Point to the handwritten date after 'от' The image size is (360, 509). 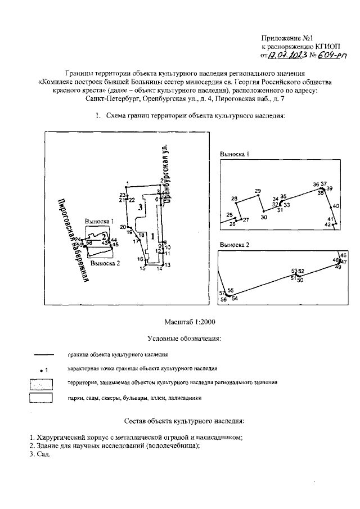(287, 56)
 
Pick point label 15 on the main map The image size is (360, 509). (142, 269)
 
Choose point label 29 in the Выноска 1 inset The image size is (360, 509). (258, 192)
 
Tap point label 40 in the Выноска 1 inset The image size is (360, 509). (336, 206)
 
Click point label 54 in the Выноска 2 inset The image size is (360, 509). (235, 299)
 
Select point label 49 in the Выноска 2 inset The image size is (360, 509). (338, 267)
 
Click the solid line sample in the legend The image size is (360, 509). (43, 355)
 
